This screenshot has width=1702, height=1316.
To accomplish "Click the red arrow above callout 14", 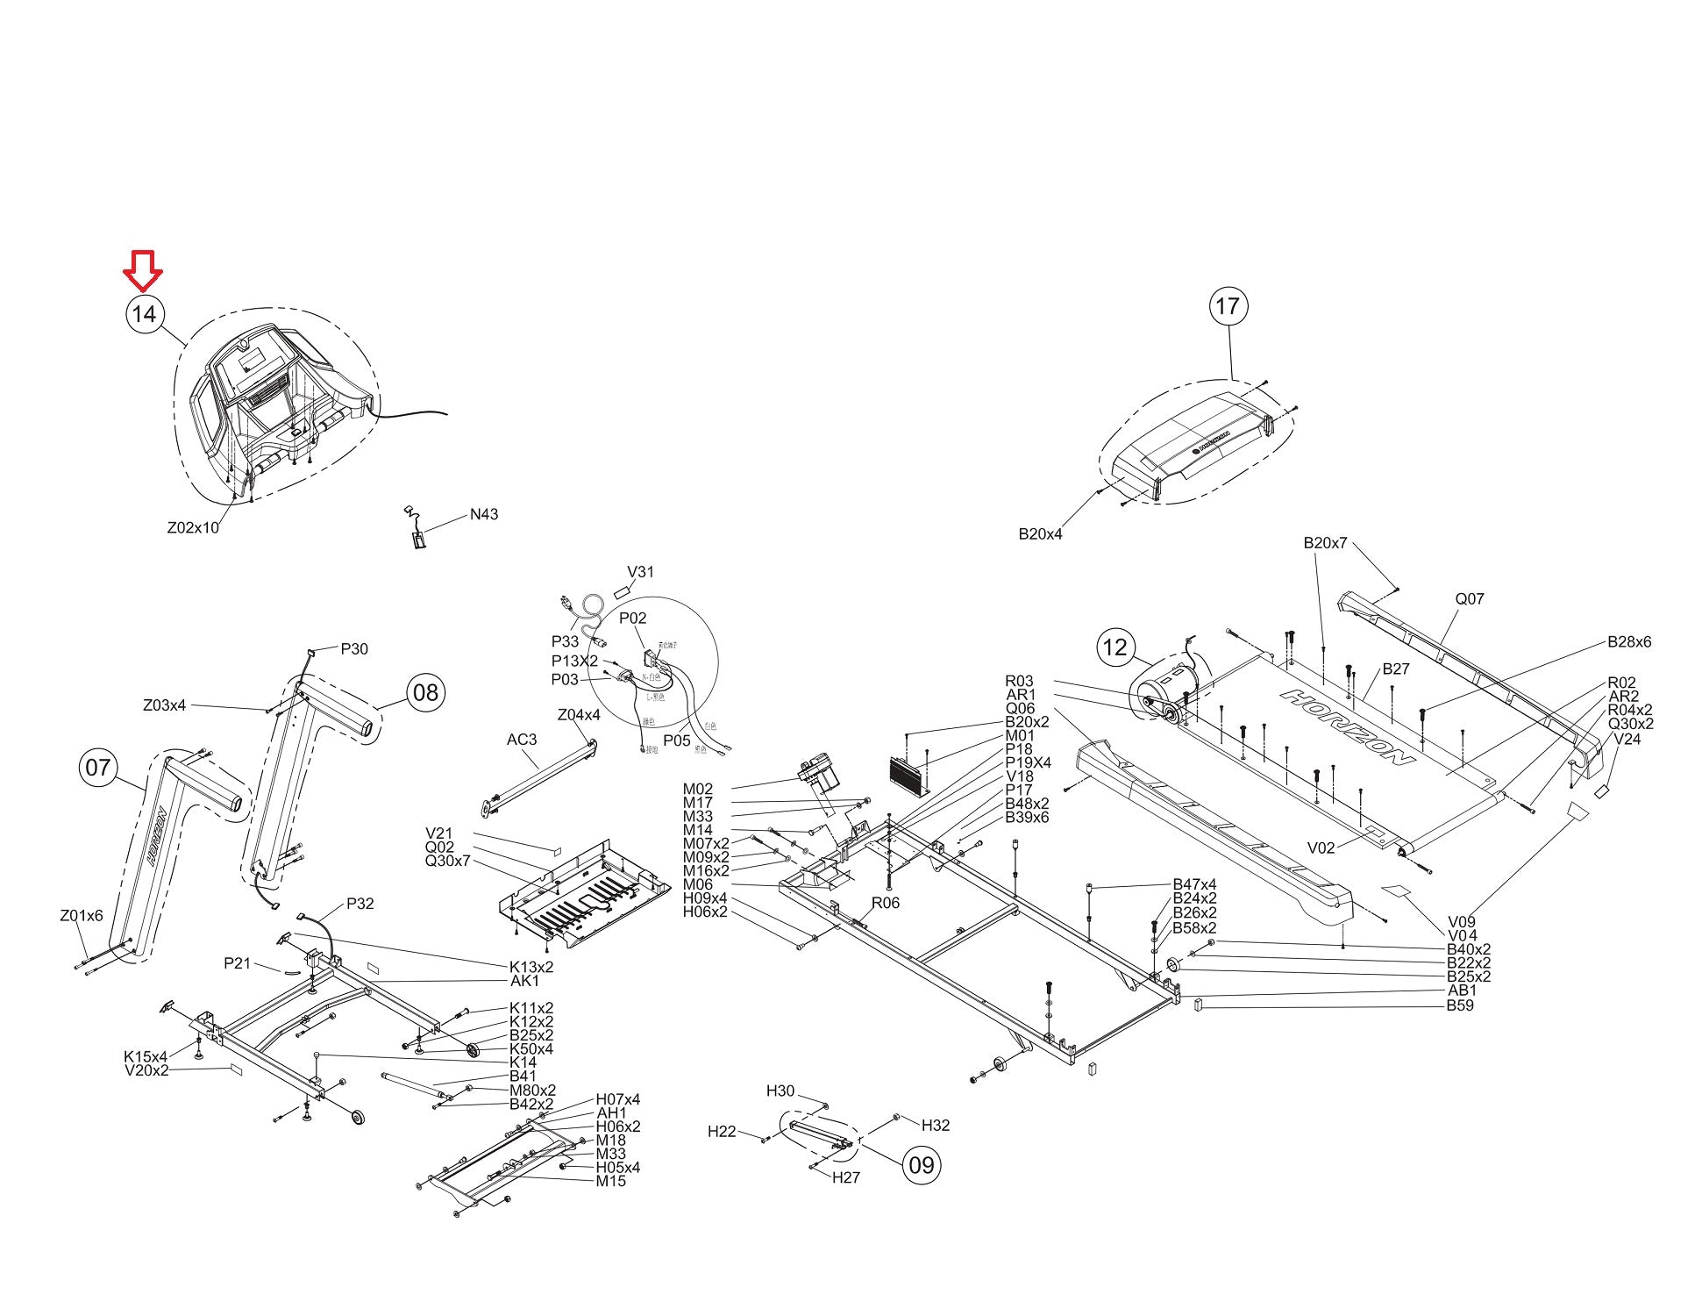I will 142,269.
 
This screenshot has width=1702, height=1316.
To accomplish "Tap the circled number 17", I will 1228,306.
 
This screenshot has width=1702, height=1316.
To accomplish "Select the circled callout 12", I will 1114,648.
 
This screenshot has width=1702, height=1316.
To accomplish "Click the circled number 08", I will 425,693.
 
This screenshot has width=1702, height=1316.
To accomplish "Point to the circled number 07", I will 97,768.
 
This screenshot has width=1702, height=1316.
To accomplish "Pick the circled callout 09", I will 922,1165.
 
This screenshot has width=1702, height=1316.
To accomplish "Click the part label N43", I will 484,514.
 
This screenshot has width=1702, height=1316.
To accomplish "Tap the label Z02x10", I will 193,528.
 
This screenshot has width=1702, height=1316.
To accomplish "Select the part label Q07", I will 1470,599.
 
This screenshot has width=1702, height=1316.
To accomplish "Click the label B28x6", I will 1629,642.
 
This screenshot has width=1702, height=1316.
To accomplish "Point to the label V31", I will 640,572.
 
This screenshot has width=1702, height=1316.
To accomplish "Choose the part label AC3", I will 522,740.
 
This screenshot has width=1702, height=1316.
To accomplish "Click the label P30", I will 354,649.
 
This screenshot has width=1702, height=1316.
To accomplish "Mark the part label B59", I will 1460,1005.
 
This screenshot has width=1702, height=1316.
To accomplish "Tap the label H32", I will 936,1126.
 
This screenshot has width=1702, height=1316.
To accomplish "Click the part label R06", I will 886,903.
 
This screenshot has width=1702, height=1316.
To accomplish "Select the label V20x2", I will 146,1070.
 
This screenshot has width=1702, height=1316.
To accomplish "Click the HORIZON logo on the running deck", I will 1347,727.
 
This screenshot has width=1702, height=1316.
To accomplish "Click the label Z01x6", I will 82,916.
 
